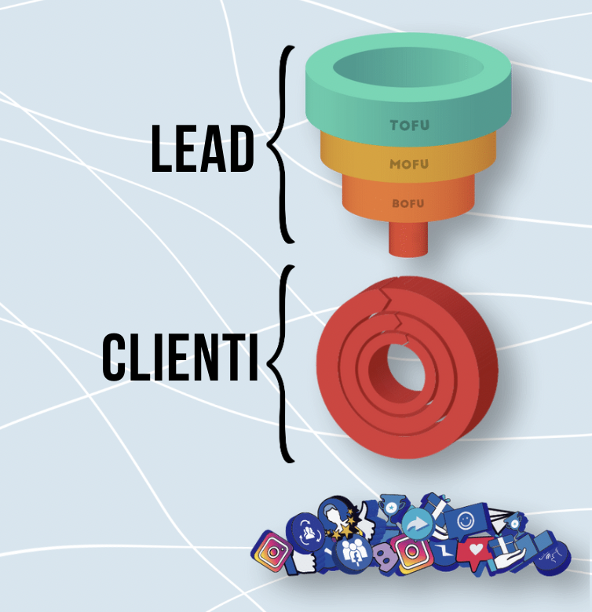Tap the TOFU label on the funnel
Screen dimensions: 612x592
(x=410, y=125)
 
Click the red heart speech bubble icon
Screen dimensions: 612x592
(x=477, y=552)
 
